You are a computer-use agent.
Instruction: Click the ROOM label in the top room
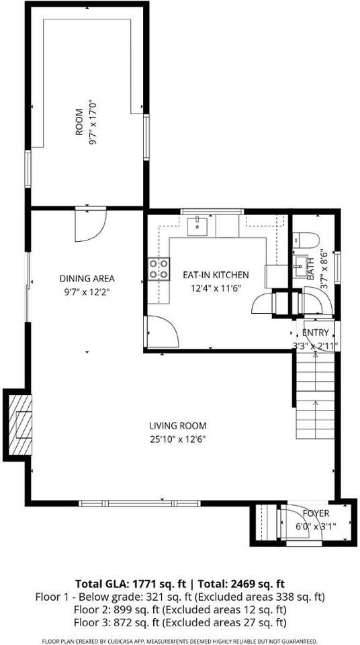click(79, 122)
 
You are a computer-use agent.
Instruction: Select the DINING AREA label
click(87, 278)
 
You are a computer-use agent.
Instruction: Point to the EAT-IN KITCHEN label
click(216, 275)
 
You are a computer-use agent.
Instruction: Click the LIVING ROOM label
click(177, 425)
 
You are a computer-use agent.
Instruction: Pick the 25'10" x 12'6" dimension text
click(177, 439)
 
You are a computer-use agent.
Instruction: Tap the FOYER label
click(315, 513)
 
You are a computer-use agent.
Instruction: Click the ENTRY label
click(316, 333)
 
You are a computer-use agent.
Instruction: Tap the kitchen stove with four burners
click(159, 269)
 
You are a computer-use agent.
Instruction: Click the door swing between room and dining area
click(88, 225)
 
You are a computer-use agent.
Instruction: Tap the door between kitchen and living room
click(162, 332)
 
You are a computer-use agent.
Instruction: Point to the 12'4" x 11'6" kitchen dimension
click(216, 288)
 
